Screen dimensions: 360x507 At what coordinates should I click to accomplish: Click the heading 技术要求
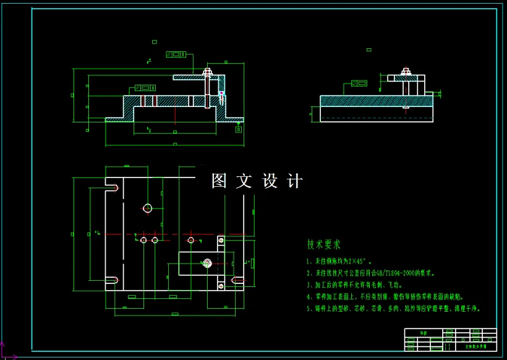(323, 244)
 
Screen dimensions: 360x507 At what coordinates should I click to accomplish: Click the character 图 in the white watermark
(219, 181)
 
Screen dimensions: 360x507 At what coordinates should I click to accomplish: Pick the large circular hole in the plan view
(147, 208)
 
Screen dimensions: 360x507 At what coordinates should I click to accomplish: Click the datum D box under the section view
(238, 129)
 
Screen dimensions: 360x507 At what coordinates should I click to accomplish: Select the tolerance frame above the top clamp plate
(176, 54)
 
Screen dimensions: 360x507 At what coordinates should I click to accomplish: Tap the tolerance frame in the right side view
(359, 83)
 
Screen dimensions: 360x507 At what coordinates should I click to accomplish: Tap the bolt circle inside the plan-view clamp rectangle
(206, 264)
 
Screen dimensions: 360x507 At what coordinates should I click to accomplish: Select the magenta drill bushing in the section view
(221, 96)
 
